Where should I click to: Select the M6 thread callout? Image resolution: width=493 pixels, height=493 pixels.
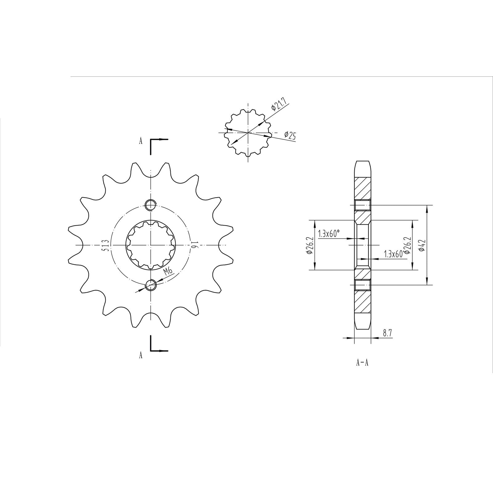(x=168, y=271)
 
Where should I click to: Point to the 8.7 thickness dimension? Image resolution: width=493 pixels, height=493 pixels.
(x=387, y=333)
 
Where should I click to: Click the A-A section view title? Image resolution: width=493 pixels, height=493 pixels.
(x=362, y=363)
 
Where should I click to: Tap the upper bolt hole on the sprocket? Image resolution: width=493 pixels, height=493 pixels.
(x=151, y=205)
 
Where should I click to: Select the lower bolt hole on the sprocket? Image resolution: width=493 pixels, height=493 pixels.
(x=151, y=285)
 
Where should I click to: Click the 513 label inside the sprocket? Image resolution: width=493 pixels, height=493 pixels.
(x=105, y=245)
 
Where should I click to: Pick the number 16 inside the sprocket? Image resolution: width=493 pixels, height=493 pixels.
(x=194, y=245)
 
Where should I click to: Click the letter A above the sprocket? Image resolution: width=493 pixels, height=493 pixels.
(x=141, y=141)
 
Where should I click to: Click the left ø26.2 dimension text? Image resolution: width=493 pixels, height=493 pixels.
(x=310, y=245)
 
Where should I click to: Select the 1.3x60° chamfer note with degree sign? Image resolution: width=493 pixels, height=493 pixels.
(x=329, y=234)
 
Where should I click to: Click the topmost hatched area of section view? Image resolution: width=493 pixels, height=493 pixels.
(x=362, y=189)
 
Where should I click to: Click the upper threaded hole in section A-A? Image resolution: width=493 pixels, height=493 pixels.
(x=362, y=205)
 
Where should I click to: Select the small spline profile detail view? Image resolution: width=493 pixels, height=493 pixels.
(x=248, y=132)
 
